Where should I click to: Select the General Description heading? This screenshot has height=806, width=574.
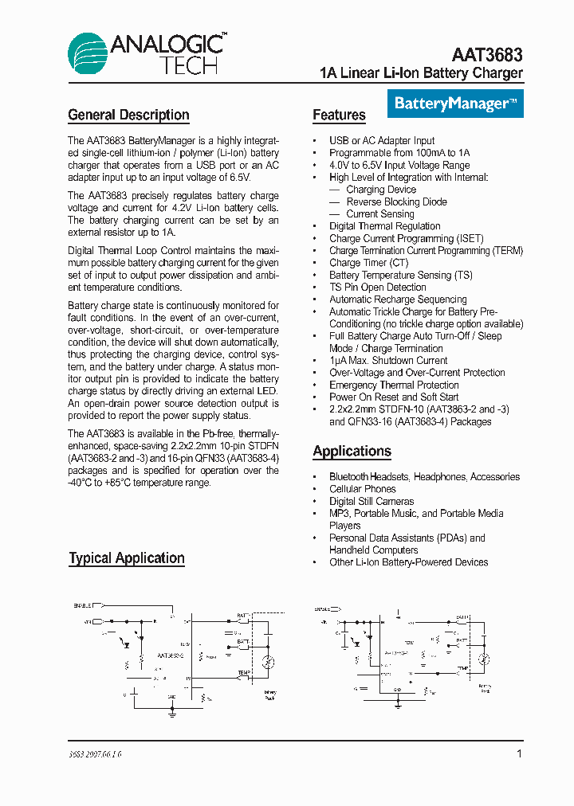[x=128, y=115]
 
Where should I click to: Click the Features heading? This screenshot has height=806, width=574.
[x=339, y=115]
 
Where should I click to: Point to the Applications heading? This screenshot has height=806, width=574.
[x=352, y=452]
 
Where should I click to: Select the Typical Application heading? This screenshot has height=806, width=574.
[x=126, y=558]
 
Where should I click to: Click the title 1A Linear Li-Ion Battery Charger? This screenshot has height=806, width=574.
[x=421, y=73]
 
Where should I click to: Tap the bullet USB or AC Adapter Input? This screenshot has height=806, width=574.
[x=382, y=141]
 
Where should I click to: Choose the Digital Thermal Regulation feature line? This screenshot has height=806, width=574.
[x=384, y=226]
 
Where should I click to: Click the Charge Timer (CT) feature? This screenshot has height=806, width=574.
[x=368, y=263]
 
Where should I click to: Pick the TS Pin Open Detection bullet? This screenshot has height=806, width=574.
[x=377, y=287]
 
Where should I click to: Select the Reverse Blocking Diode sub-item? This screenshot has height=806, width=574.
[x=396, y=202]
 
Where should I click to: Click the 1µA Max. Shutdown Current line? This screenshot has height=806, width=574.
[x=388, y=361]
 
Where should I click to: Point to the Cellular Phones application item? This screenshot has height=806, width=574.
[x=362, y=489]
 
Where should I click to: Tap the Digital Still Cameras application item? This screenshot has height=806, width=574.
[x=372, y=501]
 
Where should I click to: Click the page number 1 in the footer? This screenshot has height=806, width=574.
[x=519, y=753]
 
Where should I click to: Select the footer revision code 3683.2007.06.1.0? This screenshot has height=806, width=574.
[x=95, y=754]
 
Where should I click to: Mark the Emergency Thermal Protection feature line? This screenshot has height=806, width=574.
[x=394, y=385]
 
